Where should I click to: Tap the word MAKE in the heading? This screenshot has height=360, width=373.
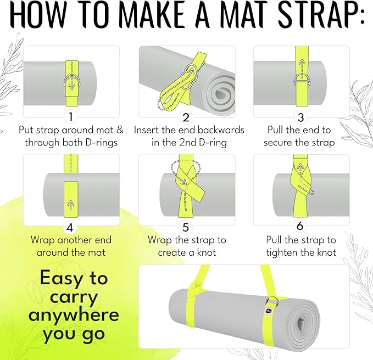pos(152,14)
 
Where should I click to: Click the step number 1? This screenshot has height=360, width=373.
pos(71,117)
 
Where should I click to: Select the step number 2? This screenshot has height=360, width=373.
pos(186,117)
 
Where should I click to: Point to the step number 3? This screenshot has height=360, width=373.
pos(300,117)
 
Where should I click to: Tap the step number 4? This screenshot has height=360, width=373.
pos(70,228)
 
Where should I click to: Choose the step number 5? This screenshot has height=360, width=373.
pos(186,228)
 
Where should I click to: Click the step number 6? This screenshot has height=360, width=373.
pos(300,226)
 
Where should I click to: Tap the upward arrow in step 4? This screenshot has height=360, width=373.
pos(71,205)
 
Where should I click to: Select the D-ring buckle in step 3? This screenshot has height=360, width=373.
pos(302,81)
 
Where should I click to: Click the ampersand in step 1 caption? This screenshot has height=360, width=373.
pos(120,130)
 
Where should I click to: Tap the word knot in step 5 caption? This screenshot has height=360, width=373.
pos(207,252)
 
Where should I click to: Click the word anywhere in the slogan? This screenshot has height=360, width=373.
pos(74,315)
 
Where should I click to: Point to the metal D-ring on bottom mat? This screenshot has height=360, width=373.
pos(271,302)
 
